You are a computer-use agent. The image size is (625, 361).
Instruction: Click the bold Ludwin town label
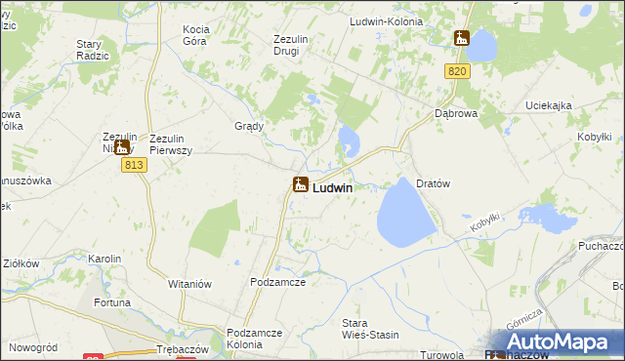(333, 187)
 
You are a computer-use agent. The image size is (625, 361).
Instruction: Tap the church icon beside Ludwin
(301, 183)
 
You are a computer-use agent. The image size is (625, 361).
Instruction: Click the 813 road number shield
(135, 166)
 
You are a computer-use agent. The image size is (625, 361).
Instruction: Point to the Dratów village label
(432, 183)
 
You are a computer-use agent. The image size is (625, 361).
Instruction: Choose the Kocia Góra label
(202, 36)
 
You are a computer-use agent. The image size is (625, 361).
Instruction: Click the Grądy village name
(249, 127)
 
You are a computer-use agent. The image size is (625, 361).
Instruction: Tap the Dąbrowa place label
(454, 113)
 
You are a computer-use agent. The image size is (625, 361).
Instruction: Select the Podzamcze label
(278, 282)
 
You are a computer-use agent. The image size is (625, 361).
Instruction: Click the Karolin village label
(104, 259)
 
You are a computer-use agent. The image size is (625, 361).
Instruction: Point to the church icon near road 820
(462, 39)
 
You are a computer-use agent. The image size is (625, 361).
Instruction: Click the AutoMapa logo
(553, 342)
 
